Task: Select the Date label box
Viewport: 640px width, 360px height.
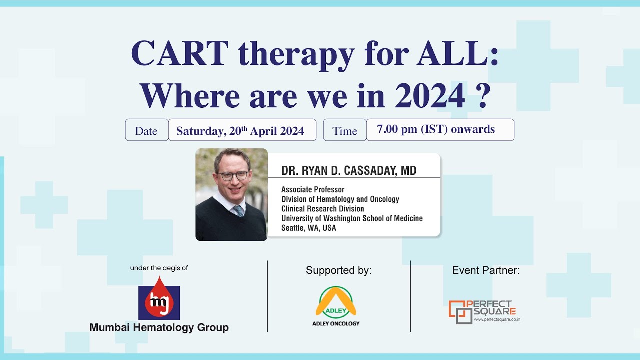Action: tap(146, 131)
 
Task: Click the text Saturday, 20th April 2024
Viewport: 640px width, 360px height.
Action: tap(240, 131)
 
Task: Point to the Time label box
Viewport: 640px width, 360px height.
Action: tap(344, 131)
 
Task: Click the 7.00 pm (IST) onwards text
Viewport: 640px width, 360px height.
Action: tap(436, 130)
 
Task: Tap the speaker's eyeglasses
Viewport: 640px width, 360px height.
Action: tap(232, 176)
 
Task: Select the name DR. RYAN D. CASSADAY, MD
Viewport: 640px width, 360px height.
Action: tap(348, 171)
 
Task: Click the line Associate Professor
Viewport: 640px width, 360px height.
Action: tap(313, 190)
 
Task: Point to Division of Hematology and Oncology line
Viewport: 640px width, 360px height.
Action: tap(340, 199)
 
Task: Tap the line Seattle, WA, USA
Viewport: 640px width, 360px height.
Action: tap(308, 228)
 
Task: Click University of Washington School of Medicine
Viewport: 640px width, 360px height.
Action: tap(352, 218)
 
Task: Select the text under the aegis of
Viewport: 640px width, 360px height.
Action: tap(159, 268)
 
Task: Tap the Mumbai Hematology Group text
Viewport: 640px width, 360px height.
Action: tap(159, 328)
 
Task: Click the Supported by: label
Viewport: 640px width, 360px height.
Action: tap(338, 271)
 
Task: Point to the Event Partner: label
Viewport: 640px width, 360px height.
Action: tap(485, 270)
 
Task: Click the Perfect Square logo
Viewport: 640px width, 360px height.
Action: tap(482, 311)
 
